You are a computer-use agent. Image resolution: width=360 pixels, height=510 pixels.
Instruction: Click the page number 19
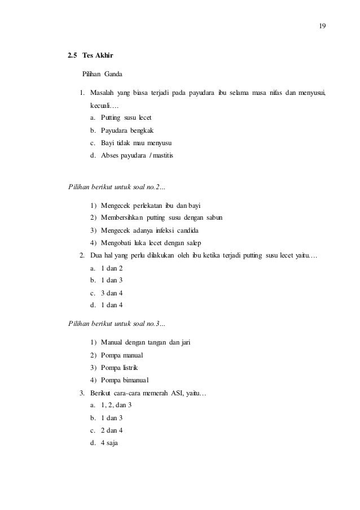(323, 27)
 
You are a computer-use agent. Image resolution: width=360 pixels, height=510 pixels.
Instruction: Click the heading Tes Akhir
(99, 56)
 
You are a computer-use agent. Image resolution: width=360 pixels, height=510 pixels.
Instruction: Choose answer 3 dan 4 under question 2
(111, 293)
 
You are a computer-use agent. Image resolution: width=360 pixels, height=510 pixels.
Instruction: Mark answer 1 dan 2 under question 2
(111, 268)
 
